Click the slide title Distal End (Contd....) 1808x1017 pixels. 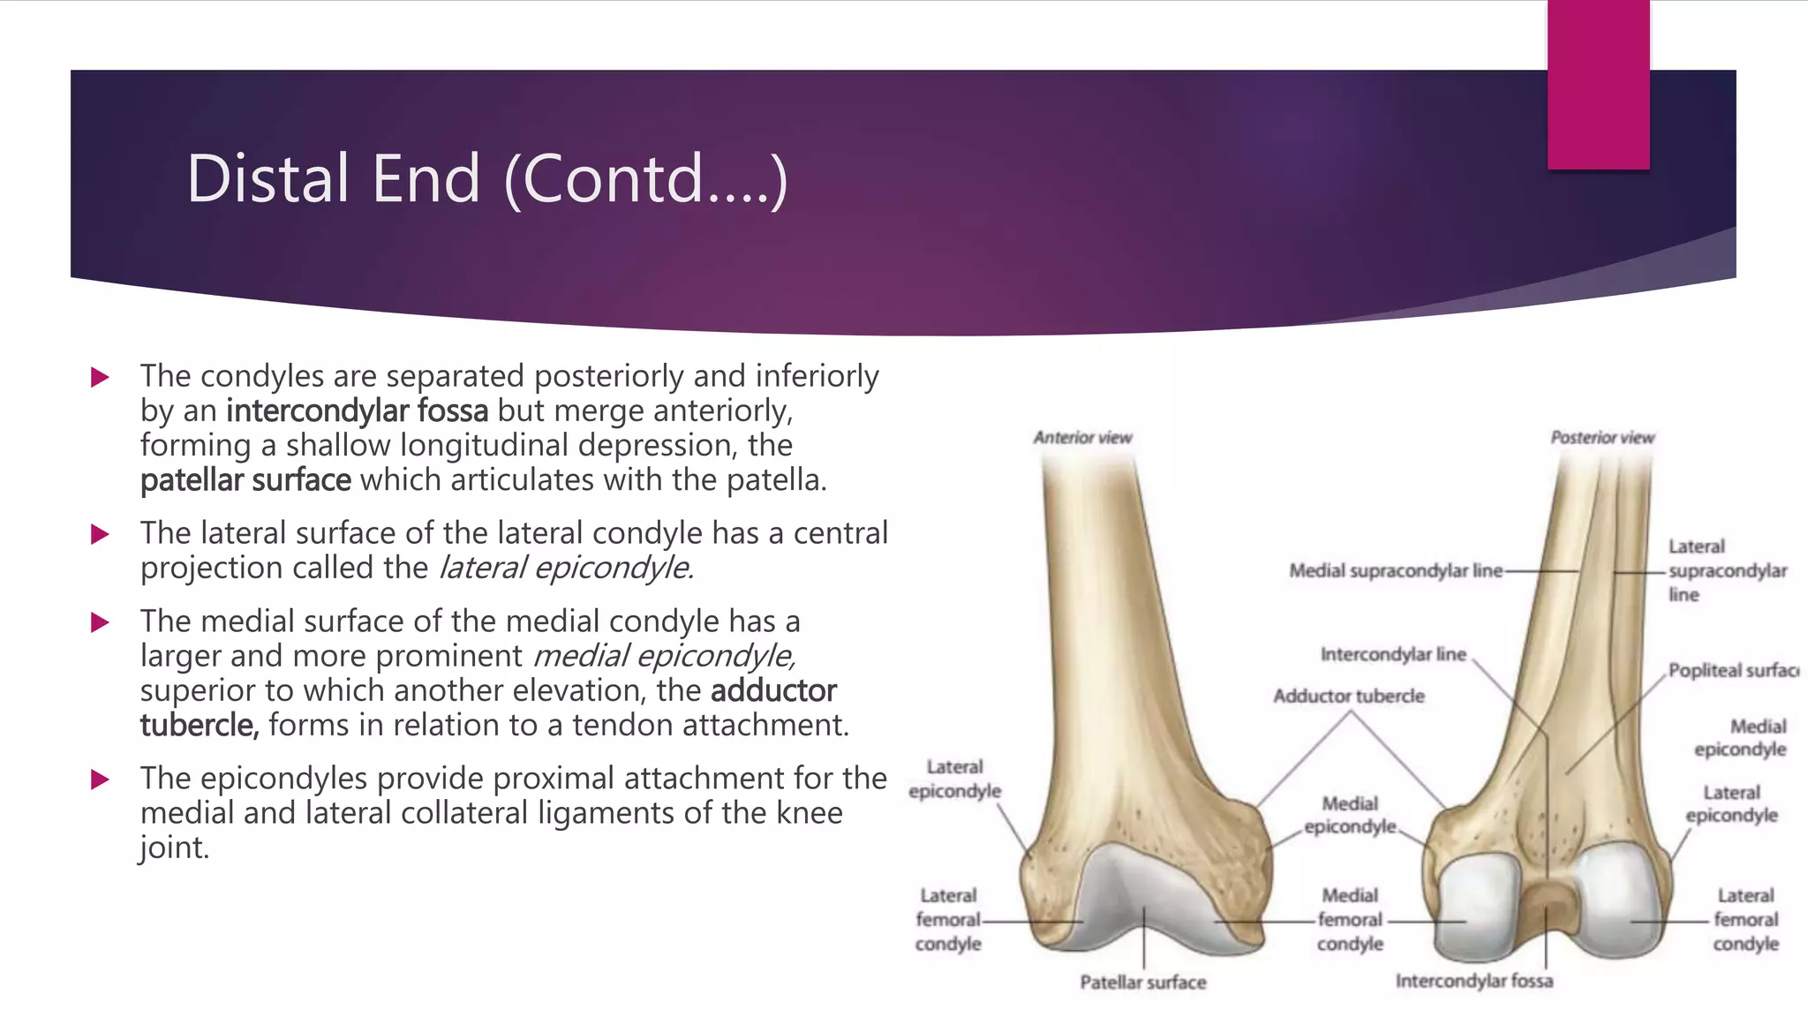pyautogui.click(x=486, y=179)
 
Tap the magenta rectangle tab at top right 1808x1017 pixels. pyautogui.click(x=1598, y=86)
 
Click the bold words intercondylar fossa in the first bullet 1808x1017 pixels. pyautogui.click(x=358, y=411)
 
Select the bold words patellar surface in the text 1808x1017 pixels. pyautogui.click(x=245, y=480)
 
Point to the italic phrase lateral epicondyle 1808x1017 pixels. pyautogui.click(x=566, y=568)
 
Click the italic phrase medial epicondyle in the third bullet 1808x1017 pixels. pyautogui.click(x=664, y=656)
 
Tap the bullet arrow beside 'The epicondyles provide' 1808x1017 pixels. pyautogui.click(x=100, y=780)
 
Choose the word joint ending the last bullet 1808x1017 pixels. pyautogui.click(x=173, y=848)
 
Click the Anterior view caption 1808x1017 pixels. pyautogui.click(x=1082, y=438)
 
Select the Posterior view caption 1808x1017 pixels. pyautogui.click(x=1602, y=438)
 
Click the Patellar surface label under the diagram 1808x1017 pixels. pyautogui.click(x=1143, y=983)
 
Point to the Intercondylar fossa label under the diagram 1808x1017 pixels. pyautogui.click(x=1473, y=981)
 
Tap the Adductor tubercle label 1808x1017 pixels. pyautogui.click(x=1348, y=697)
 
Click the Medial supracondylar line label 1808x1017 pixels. pyautogui.click(x=1395, y=571)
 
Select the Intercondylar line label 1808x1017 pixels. pyautogui.click(x=1393, y=654)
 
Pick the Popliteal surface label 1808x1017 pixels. pyautogui.click(x=1732, y=671)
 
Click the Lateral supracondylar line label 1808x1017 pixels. pyautogui.click(x=1726, y=571)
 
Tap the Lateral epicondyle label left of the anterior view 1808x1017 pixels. pyautogui.click(x=954, y=780)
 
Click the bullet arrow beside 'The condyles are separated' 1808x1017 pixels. pyautogui.click(x=100, y=378)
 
